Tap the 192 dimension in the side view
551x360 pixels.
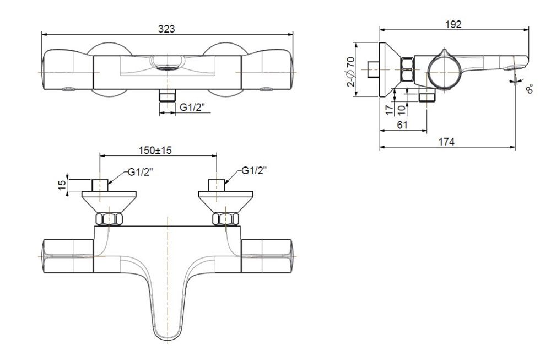(x=454, y=24)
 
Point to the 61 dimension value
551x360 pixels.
(x=402, y=125)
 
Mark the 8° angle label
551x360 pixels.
(x=530, y=89)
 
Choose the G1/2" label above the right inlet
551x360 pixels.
(x=254, y=171)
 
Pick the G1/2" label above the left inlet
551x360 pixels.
(x=141, y=172)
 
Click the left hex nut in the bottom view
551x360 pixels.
(x=109, y=219)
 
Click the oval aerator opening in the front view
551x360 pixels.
(x=166, y=69)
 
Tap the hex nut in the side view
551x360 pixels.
(x=407, y=72)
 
